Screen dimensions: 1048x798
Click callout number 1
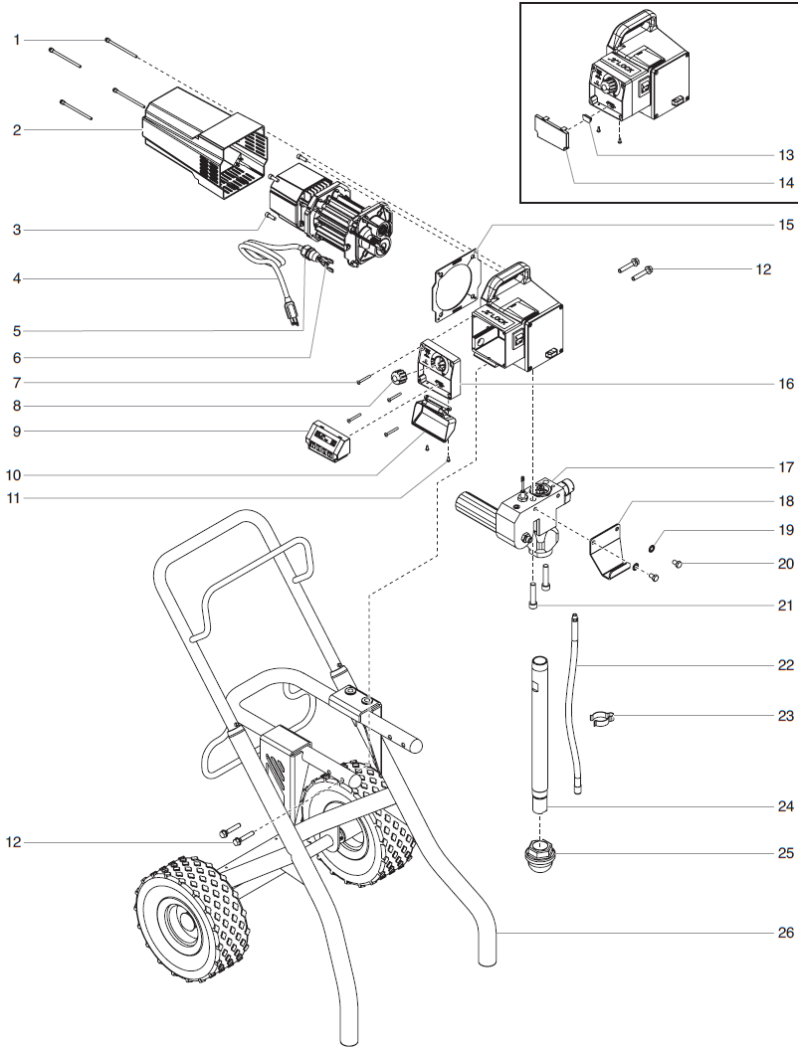[17, 39]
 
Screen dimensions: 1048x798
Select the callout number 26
[786, 934]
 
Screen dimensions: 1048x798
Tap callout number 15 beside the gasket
[786, 225]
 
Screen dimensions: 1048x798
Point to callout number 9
[17, 432]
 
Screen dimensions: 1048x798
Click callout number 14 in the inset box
[786, 183]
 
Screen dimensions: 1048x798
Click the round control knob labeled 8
[400, 377]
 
